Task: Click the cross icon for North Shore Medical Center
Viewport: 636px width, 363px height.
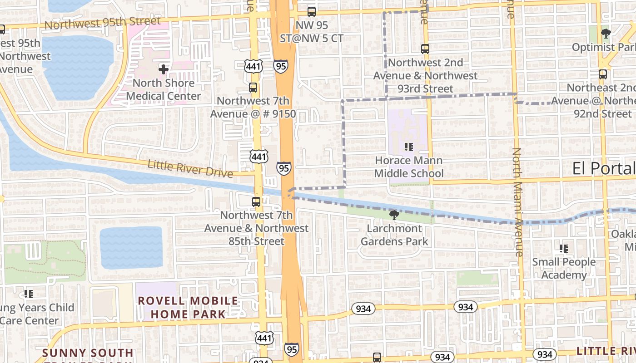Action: [164, 69]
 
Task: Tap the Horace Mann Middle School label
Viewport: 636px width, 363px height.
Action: [409, 167]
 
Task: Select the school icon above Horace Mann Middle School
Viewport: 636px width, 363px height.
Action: [409, 147]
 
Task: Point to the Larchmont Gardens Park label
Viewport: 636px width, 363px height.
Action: [394, 235]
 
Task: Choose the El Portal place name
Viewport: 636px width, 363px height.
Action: [604, 168]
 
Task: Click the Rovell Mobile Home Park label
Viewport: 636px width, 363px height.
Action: [188, 307]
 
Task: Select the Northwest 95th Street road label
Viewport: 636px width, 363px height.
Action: [103, 23]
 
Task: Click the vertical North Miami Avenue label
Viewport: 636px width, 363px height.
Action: [518, 202]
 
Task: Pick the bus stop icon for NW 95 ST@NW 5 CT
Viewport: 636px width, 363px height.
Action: [312, 12]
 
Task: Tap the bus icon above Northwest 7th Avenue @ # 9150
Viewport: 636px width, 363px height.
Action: [253, 88]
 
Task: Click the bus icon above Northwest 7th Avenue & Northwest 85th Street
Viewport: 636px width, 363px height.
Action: [256, 202]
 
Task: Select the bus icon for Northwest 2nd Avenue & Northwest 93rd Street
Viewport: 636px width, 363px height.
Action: [425, 49]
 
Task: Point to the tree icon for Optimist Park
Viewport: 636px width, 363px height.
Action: [606, 33]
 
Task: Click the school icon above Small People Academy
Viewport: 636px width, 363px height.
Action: [564, 249]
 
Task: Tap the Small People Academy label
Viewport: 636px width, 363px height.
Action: [564, 269]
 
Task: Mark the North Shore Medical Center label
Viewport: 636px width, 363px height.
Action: [164, 89]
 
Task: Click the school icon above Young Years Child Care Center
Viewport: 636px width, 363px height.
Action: [29, 294]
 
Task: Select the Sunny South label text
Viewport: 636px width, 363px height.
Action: [88, 353]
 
